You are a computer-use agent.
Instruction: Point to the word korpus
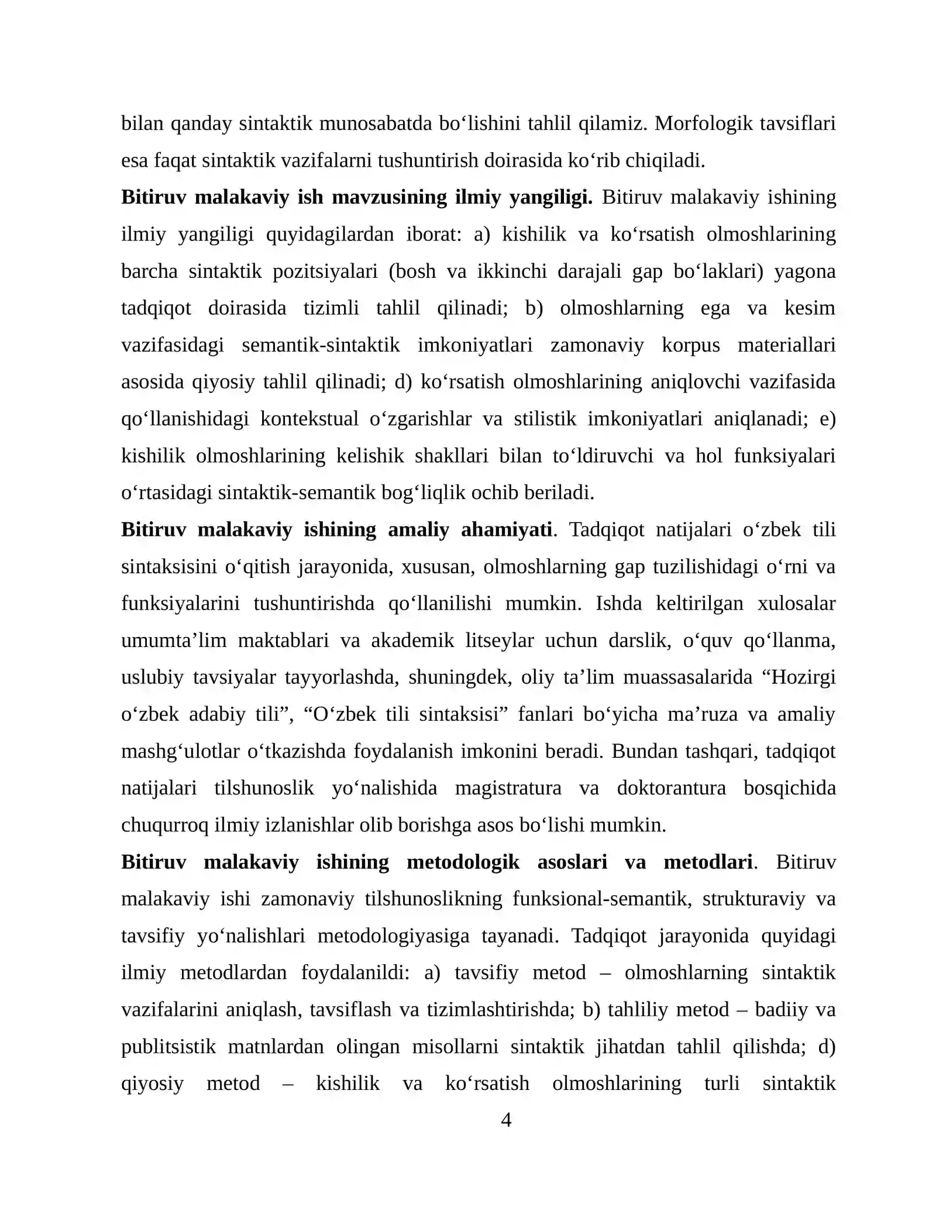[690, 345]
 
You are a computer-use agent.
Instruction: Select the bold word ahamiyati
[506, 529]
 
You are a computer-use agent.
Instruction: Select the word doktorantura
[671, 788]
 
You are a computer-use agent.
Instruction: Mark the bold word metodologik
[463, 862]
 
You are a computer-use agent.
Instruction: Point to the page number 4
[507, 1120]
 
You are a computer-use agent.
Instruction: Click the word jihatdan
[630, 1047]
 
